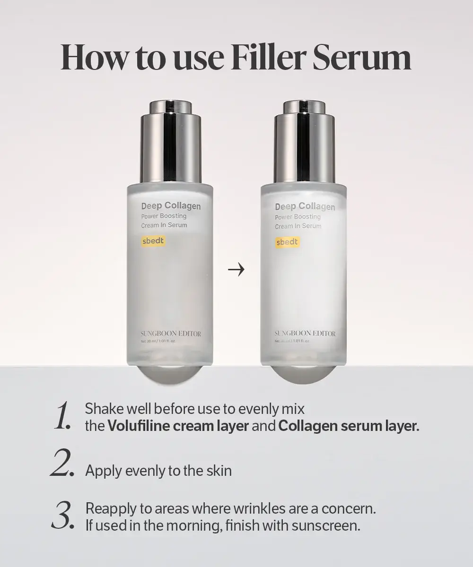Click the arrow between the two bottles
point(236,270)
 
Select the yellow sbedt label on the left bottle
point(153,241)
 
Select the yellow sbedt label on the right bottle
point(287,242)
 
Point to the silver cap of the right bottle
point(304,142)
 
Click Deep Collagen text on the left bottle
point(171,206)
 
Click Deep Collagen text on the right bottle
point(305,206)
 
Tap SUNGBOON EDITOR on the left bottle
point(171,334)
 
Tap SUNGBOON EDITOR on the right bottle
point(305,334)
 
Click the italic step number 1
point(62,417)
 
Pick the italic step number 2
point(61,465)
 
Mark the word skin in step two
point(219,471)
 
